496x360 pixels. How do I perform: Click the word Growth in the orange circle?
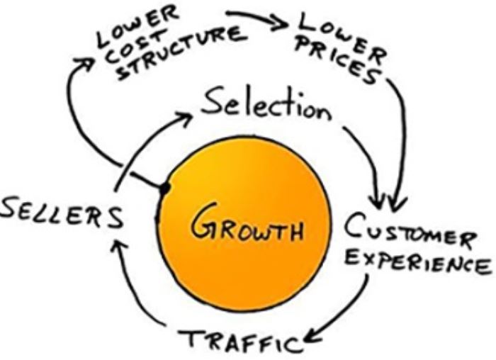(x=247, y=230)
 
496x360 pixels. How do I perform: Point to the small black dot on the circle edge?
(x=164, y=189)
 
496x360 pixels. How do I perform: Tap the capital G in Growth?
(x=207, y=230)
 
